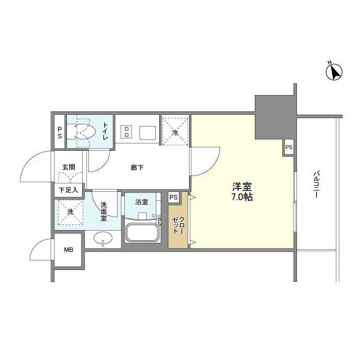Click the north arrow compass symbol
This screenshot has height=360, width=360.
335,72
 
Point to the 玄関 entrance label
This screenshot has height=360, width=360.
69,168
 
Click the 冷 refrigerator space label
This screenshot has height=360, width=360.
175,133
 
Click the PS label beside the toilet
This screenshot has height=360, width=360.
60,132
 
